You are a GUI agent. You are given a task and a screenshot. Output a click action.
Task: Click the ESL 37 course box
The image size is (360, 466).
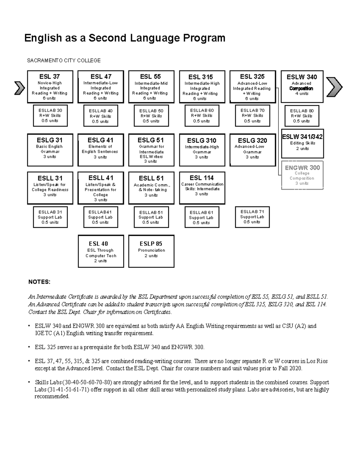click(50, 87)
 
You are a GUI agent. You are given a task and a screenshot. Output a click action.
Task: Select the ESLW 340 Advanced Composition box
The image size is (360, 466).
click(302, 87)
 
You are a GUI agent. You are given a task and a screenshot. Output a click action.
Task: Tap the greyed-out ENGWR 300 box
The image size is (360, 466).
click(302, 175)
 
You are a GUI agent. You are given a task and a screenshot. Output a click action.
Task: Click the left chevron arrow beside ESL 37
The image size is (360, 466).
click(19, 88)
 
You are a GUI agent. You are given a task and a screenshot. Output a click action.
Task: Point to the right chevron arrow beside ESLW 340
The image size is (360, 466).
click(334, 87)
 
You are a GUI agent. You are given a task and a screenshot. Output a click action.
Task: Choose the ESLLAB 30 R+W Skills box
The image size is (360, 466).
click(50, 116)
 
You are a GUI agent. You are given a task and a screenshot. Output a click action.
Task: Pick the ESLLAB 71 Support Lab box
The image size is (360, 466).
click(252, 217)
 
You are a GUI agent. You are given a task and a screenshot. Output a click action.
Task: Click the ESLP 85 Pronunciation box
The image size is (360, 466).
click(151, 251)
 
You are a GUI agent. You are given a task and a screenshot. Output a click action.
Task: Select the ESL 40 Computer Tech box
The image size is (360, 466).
click(101, 251)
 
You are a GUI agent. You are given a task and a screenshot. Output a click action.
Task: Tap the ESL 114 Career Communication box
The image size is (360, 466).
click(202, 188)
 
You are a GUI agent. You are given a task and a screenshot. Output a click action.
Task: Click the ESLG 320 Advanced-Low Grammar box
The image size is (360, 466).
click(252, 150)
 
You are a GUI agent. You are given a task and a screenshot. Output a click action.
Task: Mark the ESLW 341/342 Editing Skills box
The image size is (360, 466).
click(302, 143)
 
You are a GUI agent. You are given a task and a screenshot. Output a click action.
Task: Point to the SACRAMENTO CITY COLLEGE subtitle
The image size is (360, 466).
click(64, 61)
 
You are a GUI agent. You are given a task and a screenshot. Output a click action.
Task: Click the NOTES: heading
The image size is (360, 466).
click(39, 282)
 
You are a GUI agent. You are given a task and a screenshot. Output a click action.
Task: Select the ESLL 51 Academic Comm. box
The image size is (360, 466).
click(151, 188)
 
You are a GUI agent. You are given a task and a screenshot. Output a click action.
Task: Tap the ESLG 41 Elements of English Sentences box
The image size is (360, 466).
click(100, 150)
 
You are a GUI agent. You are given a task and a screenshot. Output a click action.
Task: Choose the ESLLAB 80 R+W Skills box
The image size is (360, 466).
click(301, 116)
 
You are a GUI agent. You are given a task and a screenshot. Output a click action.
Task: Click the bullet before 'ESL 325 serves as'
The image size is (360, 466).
click(29, 347)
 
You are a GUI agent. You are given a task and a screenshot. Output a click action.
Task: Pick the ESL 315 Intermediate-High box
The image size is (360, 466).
click(202, 87)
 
